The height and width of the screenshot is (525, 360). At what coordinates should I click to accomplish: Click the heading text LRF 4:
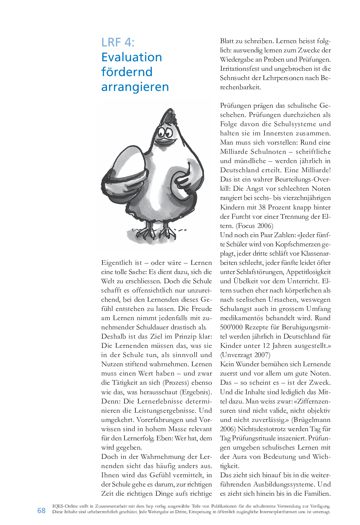(x=118, y=42)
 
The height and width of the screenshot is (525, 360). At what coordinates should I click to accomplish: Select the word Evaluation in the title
(x=131, y=57)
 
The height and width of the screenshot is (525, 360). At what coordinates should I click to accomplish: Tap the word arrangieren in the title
(x=135, y=87)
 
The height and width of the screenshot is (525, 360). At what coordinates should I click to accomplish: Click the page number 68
(x=42, y=511)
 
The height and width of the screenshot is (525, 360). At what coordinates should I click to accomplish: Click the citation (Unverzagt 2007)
(x=245, y=355)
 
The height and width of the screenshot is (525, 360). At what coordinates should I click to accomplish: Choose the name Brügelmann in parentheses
(x=311, y=420)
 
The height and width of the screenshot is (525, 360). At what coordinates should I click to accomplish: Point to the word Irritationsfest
(x=240, y=69)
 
